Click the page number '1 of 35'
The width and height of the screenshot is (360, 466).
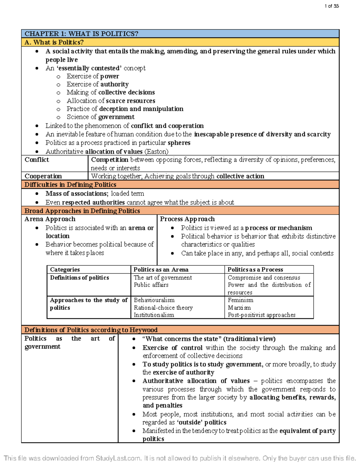click(x=331, y=6)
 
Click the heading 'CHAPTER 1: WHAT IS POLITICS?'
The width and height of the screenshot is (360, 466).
click(x=81, y=34)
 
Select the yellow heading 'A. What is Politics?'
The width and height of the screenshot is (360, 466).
click(x=54, y=42)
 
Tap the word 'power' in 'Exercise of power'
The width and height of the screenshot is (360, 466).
click(x=109, y=76)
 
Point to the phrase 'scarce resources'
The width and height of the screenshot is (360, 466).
click(x=130, y=101)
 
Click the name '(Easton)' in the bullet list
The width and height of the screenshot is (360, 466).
click(x=156, y=152)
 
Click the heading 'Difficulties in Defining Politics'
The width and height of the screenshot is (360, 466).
click(x=70, y=185)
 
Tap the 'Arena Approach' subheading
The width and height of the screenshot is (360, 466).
click(x=50, y=219)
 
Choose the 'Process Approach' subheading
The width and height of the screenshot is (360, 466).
click(x=187, y=219)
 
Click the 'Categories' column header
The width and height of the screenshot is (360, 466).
click(x=65, y=269)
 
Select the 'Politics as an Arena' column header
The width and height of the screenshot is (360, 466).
click(x=161, y=269)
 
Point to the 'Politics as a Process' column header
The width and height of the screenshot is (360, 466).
click(x=255, y=269)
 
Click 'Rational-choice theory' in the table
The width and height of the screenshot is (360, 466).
click(x=163, y=308)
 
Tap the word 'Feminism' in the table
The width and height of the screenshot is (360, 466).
click(x=240, y=300)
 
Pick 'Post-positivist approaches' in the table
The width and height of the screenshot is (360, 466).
click(x=261, y=315)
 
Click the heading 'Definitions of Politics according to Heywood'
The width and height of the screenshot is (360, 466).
click(x=91, y=330)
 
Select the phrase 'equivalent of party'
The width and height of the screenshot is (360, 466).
click(x=307, y=431)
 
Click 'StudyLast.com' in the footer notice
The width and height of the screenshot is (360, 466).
click(x=118, y=458)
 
